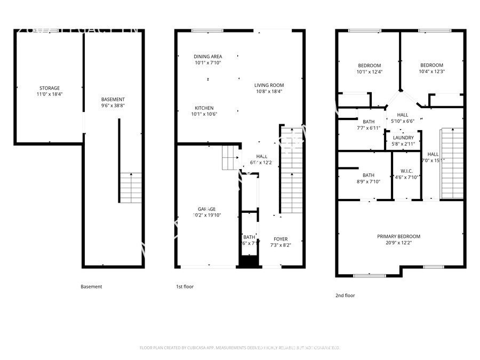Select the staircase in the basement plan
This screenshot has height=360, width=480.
pyautogui.click(x=131, y=187)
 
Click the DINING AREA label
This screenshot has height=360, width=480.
pyautogui.click(x=208, y=57)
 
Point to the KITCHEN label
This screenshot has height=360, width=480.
pyautogui.click(x=204, y=108)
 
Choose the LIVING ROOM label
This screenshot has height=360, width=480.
pyautogui.click(x=269, y=85)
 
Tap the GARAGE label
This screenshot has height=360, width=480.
pyautogui.click(x=207, y=209)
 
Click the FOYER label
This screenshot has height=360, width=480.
pyautogui.click(x=281, y=239)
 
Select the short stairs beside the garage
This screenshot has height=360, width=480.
pyautogui.click(x=230, y=158)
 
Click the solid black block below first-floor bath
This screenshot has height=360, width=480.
pyautogui.click(x=247, y=262)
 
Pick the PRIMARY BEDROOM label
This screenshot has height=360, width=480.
pyautogui.click(x=398, y=236)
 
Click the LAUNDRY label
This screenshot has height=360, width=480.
pyautogui.click(x=403, y=138)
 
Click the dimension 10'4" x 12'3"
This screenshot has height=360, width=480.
pyautogui.click(x=431, y=71)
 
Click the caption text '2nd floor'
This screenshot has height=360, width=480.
pyautogui.click(x=345, y=295)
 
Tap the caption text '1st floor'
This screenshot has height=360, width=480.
pyautogui.click(x=185, y=286)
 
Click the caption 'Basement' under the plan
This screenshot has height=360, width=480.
pyautogui.click(x=91, y=286)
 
